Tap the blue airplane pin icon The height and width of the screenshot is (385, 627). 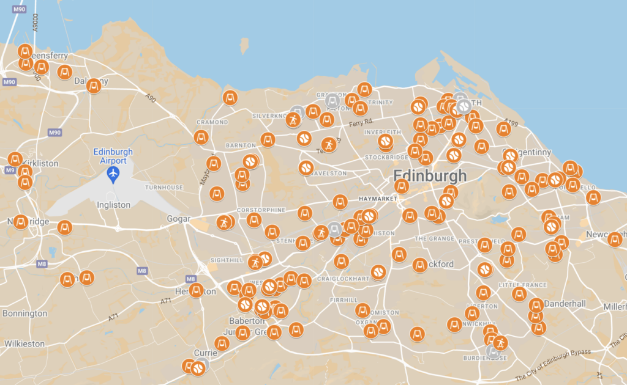coord(113,175)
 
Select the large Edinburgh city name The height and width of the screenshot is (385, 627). coord(430,176)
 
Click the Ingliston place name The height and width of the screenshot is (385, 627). coord(113,205)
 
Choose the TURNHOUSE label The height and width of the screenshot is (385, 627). coord(163,187)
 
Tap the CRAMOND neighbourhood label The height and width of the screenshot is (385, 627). coord(212,122)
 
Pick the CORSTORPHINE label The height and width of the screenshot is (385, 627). coord(261,210)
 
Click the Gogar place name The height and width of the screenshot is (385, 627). coord(179,218)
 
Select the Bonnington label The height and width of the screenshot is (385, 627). coord(24,313)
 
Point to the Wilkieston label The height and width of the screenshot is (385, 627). coord(24,343)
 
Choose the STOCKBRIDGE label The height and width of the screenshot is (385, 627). coord(386,157)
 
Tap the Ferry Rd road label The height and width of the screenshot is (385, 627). coord(361,124)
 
